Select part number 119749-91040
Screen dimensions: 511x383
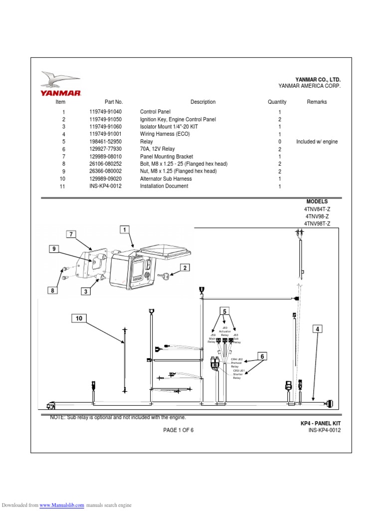point(105,112)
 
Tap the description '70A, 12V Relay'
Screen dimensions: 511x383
point(158,149)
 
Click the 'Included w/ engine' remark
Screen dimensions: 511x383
point(317,142)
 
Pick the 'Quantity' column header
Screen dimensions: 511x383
point(277,102)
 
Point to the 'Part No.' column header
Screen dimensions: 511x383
point(114,102)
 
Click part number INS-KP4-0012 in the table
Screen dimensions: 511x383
point(105,186)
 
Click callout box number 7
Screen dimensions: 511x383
point(72,234)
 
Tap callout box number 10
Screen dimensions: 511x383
point(78,318)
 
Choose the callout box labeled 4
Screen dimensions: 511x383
point(318,328)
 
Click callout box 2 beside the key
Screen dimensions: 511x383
point(185,268)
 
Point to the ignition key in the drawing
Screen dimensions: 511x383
point(164,275)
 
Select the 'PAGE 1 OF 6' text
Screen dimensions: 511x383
point(178,430)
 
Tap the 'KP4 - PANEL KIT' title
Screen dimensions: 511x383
point(320,423)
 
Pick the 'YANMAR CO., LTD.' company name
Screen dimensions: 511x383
point(318,80)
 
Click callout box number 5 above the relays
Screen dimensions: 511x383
point(224,312)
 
